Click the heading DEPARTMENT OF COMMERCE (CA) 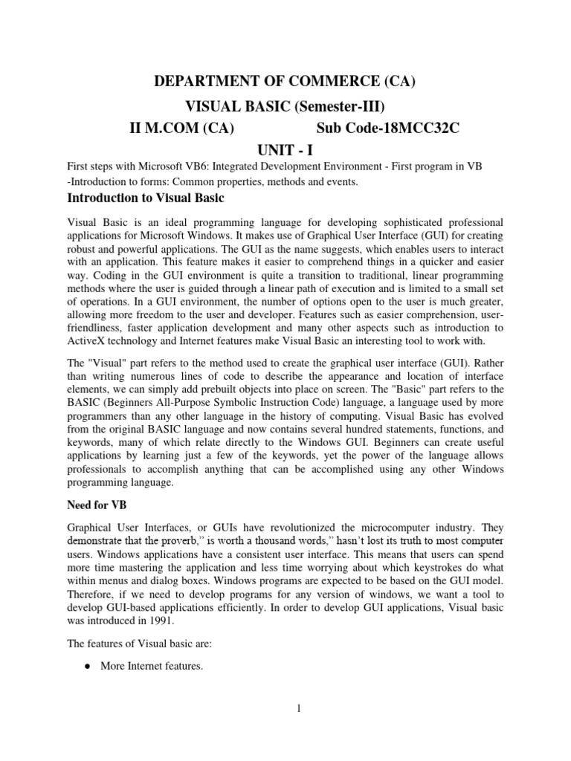285,82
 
